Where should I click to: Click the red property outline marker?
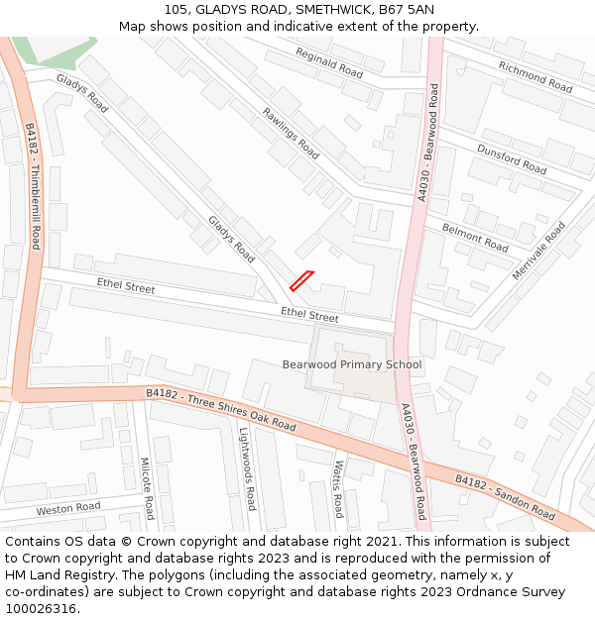(x=301, y=281)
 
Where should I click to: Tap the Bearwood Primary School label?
(x=352, y=364)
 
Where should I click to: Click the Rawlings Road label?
(x=291, y=134)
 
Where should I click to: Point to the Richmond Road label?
(x=535, y=77)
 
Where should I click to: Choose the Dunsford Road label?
(x=512, y=158)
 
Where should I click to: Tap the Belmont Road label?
(x=475, y=238)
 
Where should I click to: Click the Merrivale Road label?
(x=538, y=251)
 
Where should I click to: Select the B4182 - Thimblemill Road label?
(x=32, y=186)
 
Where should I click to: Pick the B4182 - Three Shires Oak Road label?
(x=221, y=409)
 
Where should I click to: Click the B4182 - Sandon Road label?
(x=505, y=497)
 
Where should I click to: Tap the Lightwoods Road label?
(x=247, y=468)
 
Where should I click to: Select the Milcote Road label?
(x=146, y=488)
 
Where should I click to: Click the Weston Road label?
(x=68, y=509)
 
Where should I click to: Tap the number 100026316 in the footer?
(x=42, y=609)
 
